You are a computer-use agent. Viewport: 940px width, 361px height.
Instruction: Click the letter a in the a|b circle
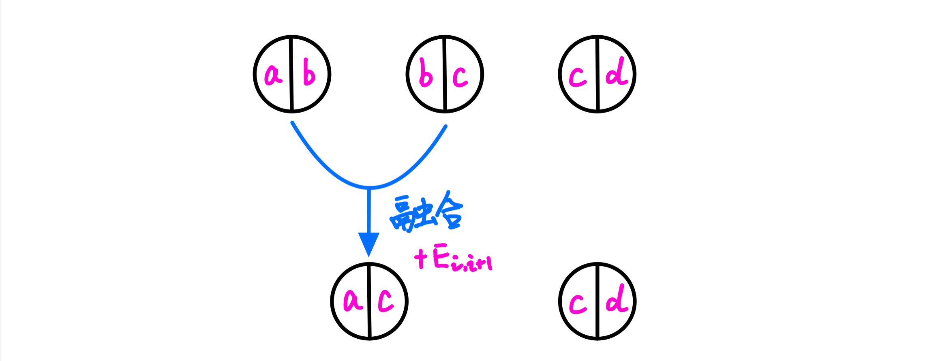tap(273, 75)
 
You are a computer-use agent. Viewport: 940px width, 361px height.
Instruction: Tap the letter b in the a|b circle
tap(309, 72)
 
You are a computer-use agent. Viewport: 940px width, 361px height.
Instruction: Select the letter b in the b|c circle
tap(426, 73)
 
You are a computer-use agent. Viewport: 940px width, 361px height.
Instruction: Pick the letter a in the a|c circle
tap(353, 301)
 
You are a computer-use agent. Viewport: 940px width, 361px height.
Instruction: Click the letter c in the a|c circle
tap(385, 301)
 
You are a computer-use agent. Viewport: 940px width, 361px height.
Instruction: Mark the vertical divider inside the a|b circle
tap(291, 74)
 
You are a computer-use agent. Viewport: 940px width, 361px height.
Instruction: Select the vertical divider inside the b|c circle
tap(445, 74)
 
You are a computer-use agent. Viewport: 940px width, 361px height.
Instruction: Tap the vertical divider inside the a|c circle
tap(369, 301)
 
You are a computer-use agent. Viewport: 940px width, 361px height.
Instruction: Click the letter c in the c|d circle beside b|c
tap(578, 77)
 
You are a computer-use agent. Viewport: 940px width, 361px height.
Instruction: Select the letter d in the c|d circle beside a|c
tap(617, 299)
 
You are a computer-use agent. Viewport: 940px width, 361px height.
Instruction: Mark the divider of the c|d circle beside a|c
tap(597, 301)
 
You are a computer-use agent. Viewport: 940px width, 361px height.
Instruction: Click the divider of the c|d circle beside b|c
tap(597, 74)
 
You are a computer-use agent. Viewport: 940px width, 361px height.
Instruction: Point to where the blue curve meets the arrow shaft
tap(369, 188)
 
